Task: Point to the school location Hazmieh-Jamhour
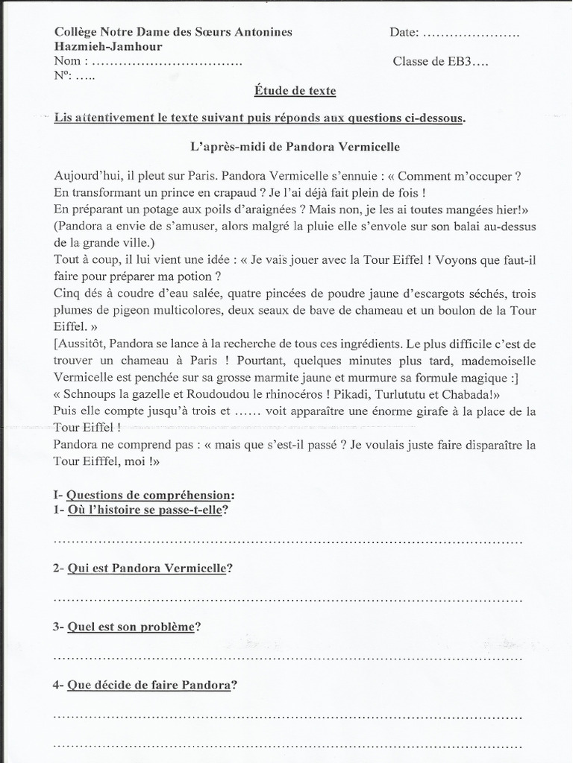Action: pyautogui.click(x=108, y=47)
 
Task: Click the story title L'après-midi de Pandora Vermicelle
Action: pyautogui.click(x=295, y=147)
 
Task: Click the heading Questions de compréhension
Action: pyautogui.click(x=149, y=495)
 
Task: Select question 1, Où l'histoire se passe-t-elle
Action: pyautogui.click(x=147, y=510)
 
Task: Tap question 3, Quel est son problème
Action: pyautogui.click(x=131, y=627)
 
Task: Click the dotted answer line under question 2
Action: pyautogui.click(x=287, y=598)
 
